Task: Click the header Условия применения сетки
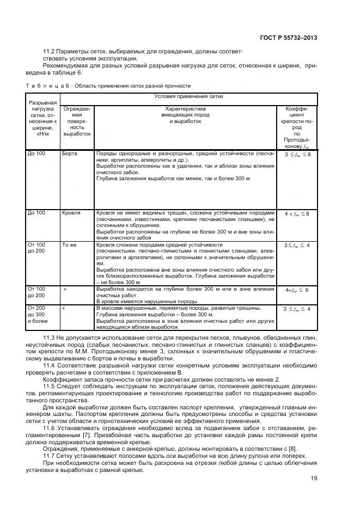pyautogui.click(x=188, y=97)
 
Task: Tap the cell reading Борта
pyautogui.click(x=70, y=154)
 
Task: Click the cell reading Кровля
pyautogui.click(x=71, y=213)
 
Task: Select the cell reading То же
pyautogui.click(x=69, y=245)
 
